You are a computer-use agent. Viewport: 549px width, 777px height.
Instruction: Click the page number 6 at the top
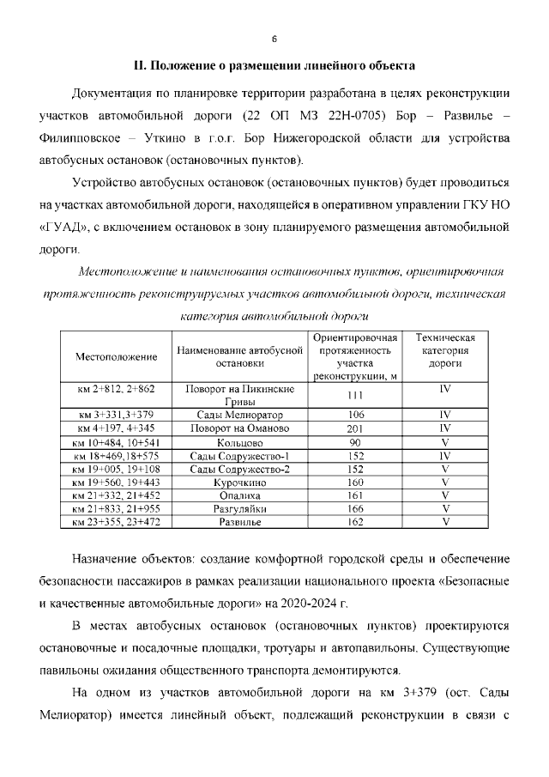coord(274,39)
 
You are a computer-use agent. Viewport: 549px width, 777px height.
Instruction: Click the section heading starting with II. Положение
coord(274,65)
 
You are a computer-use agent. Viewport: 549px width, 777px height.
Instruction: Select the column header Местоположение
coord(117,356)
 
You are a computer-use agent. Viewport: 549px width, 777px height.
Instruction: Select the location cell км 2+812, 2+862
coord(117,389)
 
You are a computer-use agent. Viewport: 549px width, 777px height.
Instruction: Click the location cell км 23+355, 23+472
coord(117,522)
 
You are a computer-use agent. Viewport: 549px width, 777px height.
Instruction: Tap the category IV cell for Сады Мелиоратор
coord(445,415)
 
